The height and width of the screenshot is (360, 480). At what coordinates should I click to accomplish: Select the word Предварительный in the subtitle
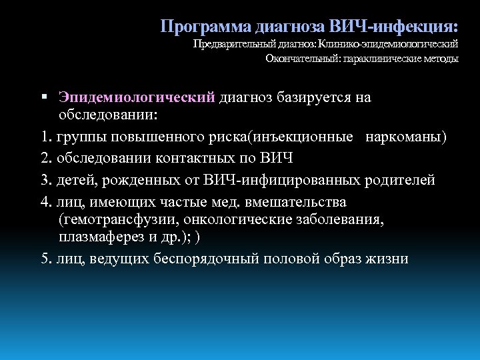231,45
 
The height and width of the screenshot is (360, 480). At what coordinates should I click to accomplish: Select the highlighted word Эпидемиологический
136,98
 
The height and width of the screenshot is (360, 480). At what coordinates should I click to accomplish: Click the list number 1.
44,138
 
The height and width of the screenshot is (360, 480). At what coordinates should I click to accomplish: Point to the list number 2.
45,159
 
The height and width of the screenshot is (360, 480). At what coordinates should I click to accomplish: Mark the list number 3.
45,180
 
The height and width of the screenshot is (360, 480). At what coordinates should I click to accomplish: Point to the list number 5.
45,258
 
